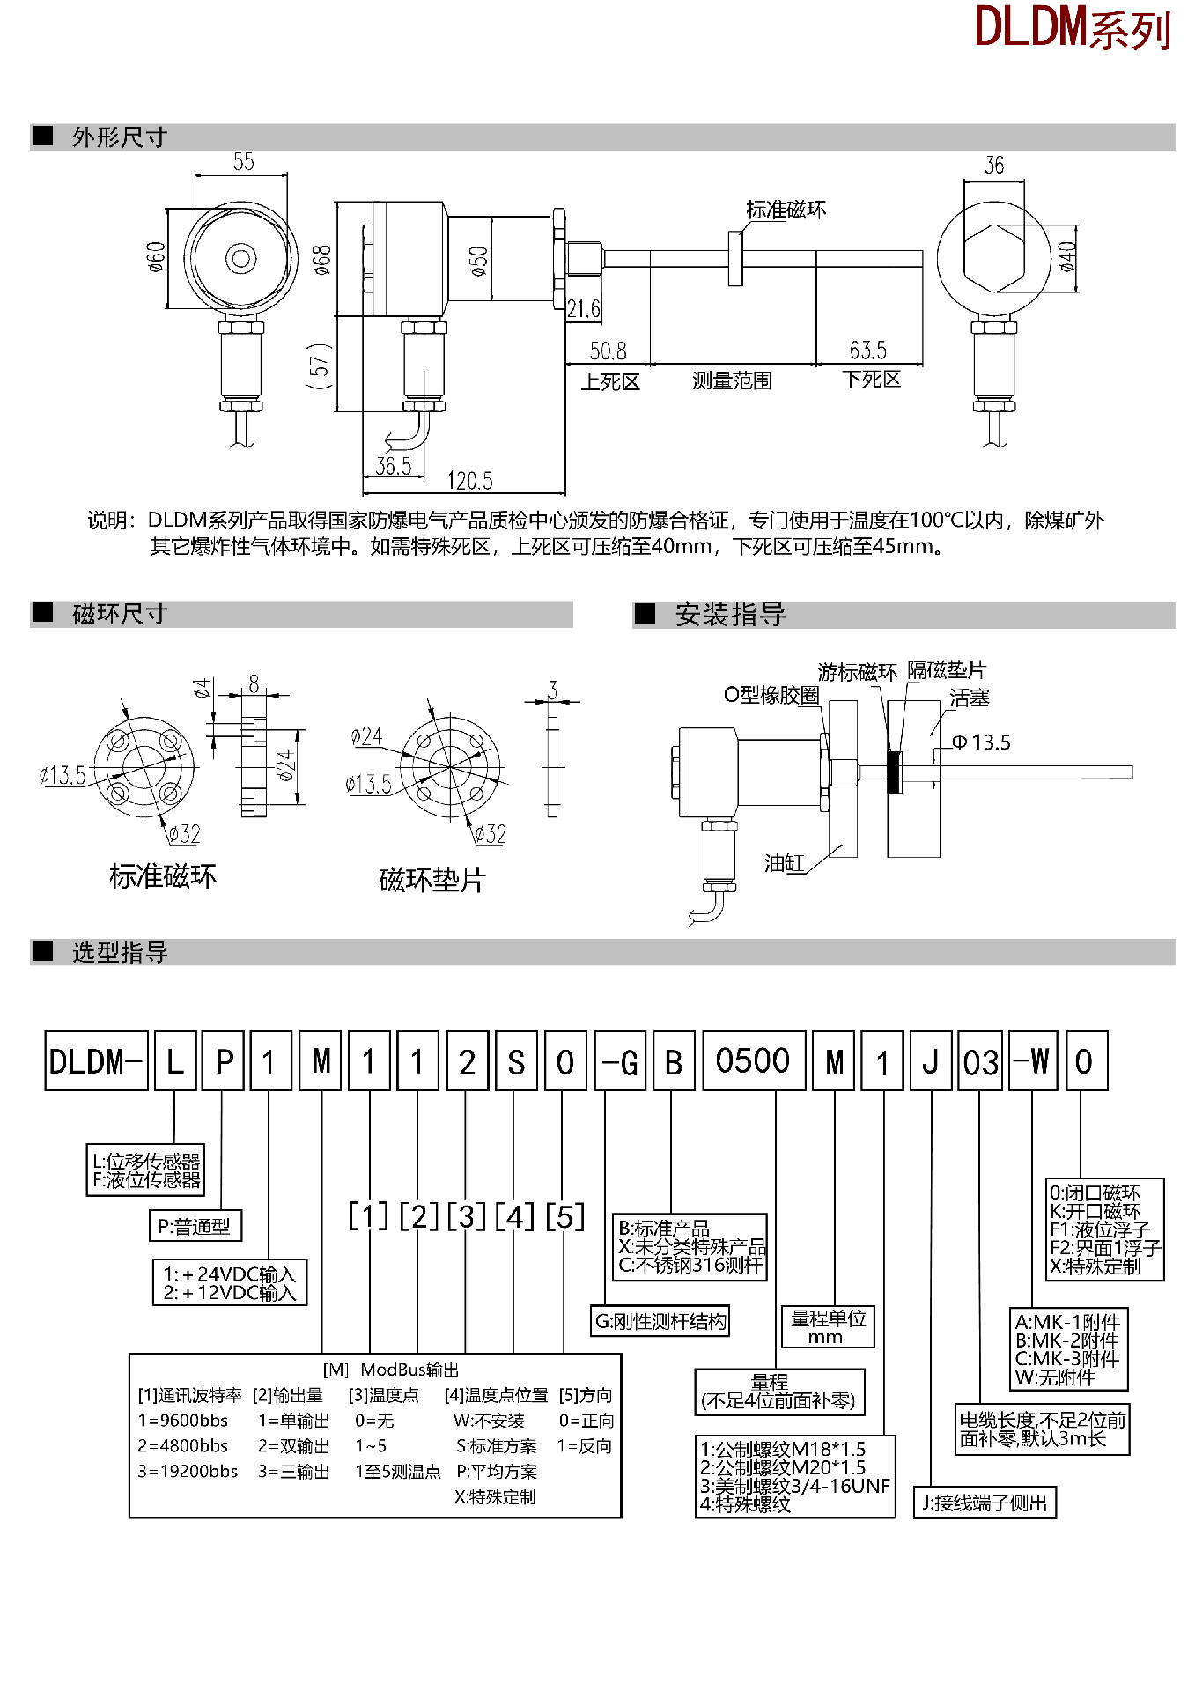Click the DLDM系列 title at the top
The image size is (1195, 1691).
(x=1073, y=28)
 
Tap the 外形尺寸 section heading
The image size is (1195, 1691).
(x=120, y=137)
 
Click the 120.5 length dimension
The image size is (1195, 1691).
(x=469, y=481)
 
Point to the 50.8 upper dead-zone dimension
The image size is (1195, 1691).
(x=608, y=351)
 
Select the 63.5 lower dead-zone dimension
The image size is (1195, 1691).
(x=867, y=351)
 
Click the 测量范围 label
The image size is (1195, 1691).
(x=732, y=380)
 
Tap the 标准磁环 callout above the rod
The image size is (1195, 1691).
(x=786, y=210)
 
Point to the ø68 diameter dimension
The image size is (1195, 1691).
(x=322, y=260)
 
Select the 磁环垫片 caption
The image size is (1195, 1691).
(x=432, y=880)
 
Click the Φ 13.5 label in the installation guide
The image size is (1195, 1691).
(x=982, y=742)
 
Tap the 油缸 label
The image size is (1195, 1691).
(x=784, y=863)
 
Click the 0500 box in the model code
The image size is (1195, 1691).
(x=753, y=1061)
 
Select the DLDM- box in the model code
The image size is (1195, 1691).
(x=96, y=1061)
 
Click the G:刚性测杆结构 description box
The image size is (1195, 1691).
(x=660, y=1321)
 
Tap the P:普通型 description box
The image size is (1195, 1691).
(x=194, y=1226)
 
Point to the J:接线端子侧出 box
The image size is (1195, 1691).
(x=984, y=1503)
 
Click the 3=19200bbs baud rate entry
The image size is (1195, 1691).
(x=188, y=1472)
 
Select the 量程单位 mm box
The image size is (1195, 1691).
(x=828, y=1326)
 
